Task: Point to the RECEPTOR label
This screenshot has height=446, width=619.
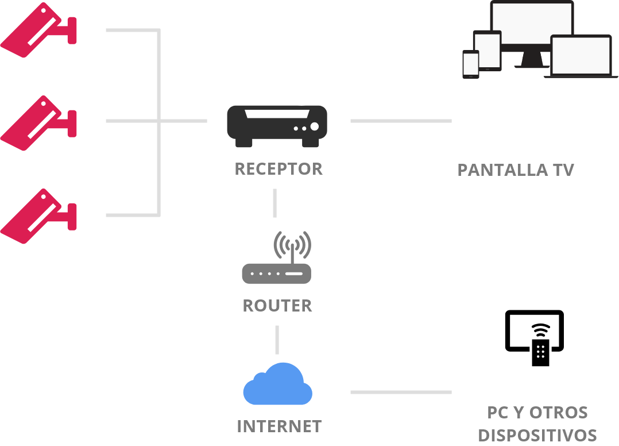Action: [278, 169]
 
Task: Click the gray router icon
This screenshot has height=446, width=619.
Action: [276, 273]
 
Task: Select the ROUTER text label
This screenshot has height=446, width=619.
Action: [277, 305]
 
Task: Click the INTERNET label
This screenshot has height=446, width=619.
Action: [279, 426]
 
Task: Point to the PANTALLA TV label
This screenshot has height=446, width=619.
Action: [516, 170]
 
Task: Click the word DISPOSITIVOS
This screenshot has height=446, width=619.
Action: [537, 435]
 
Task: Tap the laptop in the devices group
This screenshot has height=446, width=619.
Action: [581, 56]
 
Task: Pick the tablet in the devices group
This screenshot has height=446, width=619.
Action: [487, 50]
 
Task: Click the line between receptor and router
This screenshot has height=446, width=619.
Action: [274, 202]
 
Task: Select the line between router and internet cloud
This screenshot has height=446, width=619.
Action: [277, 340]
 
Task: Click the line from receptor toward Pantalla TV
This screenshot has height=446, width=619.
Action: [401, 121]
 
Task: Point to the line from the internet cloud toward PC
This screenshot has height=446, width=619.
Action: [401, 392]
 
